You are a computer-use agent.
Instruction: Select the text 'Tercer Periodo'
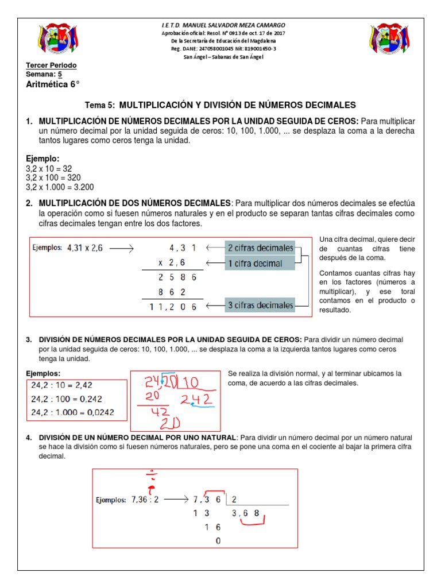click(x=51, y=65)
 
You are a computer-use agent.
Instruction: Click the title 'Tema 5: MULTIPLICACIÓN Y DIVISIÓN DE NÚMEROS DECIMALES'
click(x=220, y=105)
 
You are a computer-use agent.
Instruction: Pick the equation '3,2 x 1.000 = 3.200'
click(x=60, y=187)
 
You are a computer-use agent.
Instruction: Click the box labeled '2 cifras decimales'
click(x=260, y=248)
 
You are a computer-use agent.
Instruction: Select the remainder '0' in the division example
click(x=217, y=541)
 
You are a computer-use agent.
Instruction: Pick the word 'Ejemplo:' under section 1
click(x=43, y=158)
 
